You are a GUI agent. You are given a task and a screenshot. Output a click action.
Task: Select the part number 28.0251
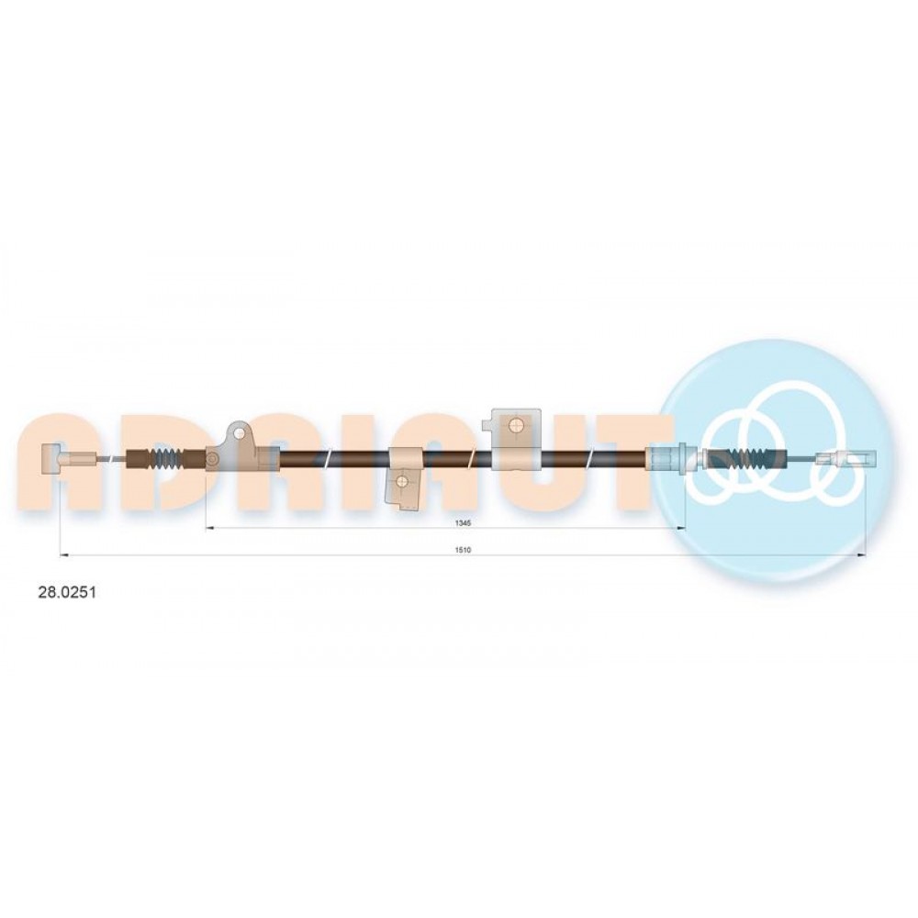click(x=67, y=592)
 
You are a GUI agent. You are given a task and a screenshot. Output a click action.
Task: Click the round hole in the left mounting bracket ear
click(x=239, y=433)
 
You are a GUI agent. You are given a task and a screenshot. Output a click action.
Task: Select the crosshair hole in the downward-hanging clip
click(x=402, y=481)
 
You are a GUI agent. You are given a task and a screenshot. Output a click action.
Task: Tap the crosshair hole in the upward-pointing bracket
click(x=516, y=425)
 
